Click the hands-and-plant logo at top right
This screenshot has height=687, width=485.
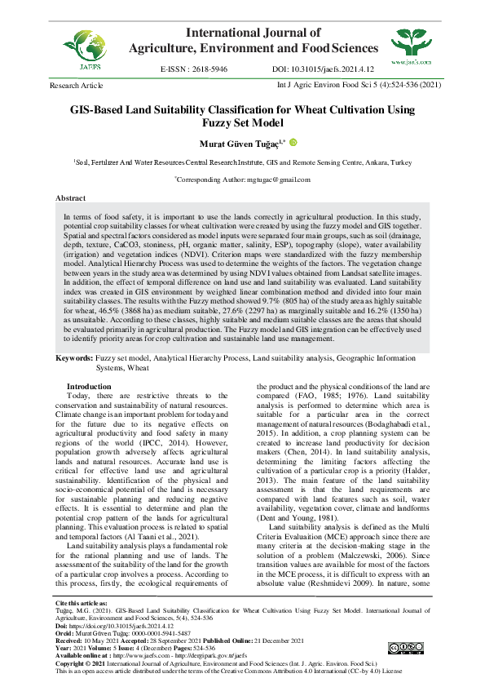tap(411, 42)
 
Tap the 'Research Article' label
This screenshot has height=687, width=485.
tap(77, 85)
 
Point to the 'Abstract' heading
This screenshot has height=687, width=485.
tap(71, 198)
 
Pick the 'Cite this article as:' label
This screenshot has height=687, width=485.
tap(81, 626)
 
